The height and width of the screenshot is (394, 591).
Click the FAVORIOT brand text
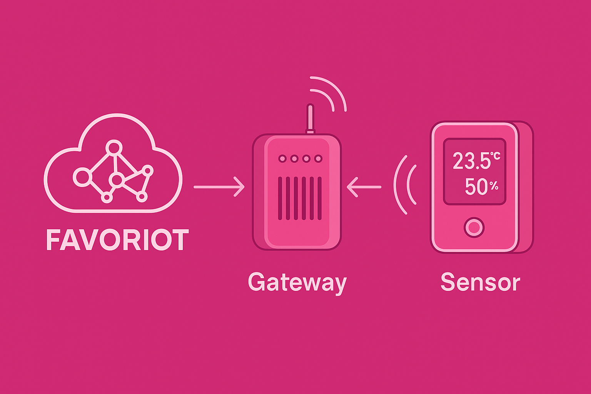(118, 240)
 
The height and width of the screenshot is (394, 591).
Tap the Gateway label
(297, 283)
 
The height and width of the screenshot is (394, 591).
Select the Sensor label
(480, 282)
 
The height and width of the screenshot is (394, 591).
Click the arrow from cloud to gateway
(219, 187)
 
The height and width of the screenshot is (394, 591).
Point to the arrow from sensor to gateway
(364, 187)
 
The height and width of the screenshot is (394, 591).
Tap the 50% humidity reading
(481, 187)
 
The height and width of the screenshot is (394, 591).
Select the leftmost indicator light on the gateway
(282, 159)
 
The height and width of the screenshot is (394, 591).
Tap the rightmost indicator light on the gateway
(318, 159)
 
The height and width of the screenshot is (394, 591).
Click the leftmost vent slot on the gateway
(280, 198)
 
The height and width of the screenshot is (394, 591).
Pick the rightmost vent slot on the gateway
(319, 198)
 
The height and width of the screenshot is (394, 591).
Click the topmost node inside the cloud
(114, 147)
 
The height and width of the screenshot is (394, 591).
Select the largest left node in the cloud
(82, 177)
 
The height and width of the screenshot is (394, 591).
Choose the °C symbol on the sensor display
(495, 156)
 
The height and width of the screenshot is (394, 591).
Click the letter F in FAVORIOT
(52, 240)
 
